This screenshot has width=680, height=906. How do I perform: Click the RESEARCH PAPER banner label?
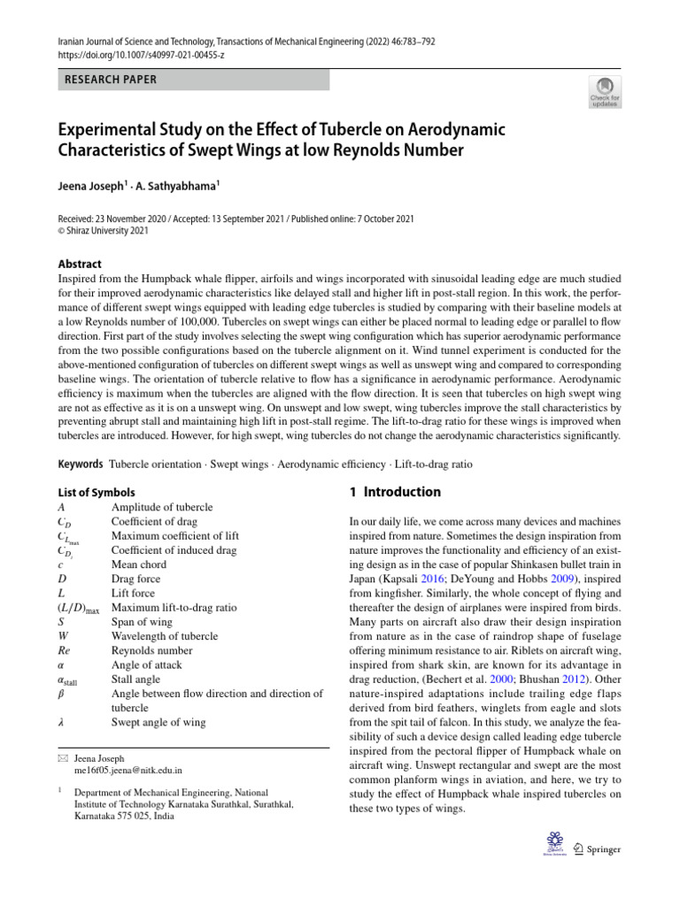pyautogui.click(x=110, y=80)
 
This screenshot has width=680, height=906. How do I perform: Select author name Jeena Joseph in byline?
pyautogui.click(x=95, y=186)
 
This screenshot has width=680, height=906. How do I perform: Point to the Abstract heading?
pyautogui.click(x=80, y=264)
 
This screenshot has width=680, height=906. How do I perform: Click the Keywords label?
pyautogui.click(x=81, y=465)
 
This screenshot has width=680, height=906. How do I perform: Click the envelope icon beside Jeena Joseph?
pyautogui.click(x=62, y=758)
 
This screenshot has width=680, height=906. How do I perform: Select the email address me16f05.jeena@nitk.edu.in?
pyautogui.click(x=128, y=771)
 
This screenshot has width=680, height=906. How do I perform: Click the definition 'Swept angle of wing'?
pyautogui.click(x=158, y=723)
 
